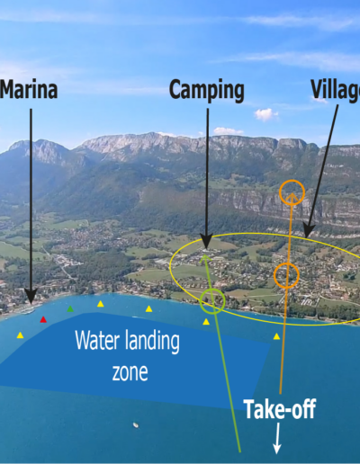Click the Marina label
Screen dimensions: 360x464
(x=29, y=89)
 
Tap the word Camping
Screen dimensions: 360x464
(x=207, y=91)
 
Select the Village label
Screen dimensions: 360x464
(x=336, y=89)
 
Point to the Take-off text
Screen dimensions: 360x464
(x=280, y=409)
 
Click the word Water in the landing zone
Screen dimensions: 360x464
(x=97, y=340)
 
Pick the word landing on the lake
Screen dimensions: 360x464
(x=152, y=342)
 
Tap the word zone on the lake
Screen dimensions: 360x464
(x=130, y=372)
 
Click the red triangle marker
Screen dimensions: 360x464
(x=43, y=319)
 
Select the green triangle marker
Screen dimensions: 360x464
(x=70, y=308)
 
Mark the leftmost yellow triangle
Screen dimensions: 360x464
(x=20, y=335)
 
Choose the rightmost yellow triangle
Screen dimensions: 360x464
(x=276, y=336)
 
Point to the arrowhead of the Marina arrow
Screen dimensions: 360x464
(x=31, y=297)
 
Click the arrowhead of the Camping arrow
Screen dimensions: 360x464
(x=206, y=242)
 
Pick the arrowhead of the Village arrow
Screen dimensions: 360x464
(x=308, y=231)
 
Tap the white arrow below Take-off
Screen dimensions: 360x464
(x=277, y=438)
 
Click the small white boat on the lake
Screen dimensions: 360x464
(x=136, y=425)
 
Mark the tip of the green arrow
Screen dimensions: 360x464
(x=204, y=254)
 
